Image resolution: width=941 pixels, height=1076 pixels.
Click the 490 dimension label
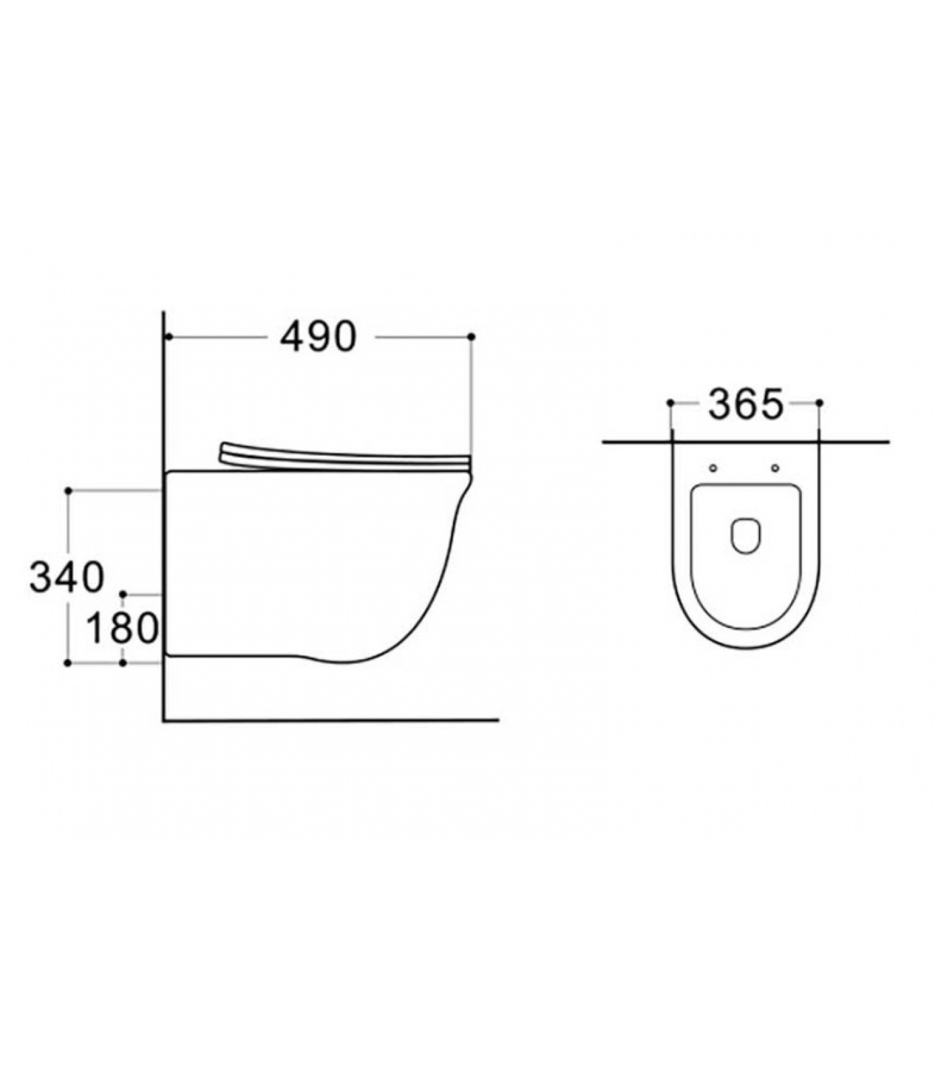[318, 337]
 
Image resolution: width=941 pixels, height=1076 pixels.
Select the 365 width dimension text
[746, 404]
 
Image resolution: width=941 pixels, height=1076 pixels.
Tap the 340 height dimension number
[67, 577]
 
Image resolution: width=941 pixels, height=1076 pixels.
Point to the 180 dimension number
[122, 628]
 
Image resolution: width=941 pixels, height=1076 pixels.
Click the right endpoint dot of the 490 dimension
[471, 336]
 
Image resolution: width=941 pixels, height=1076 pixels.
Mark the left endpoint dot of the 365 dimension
[670, 403]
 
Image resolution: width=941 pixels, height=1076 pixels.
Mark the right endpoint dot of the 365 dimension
[819, 403]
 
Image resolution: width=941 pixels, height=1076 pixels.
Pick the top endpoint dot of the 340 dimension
[68, 491]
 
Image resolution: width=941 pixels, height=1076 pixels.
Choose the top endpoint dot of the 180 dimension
[123, 594]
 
